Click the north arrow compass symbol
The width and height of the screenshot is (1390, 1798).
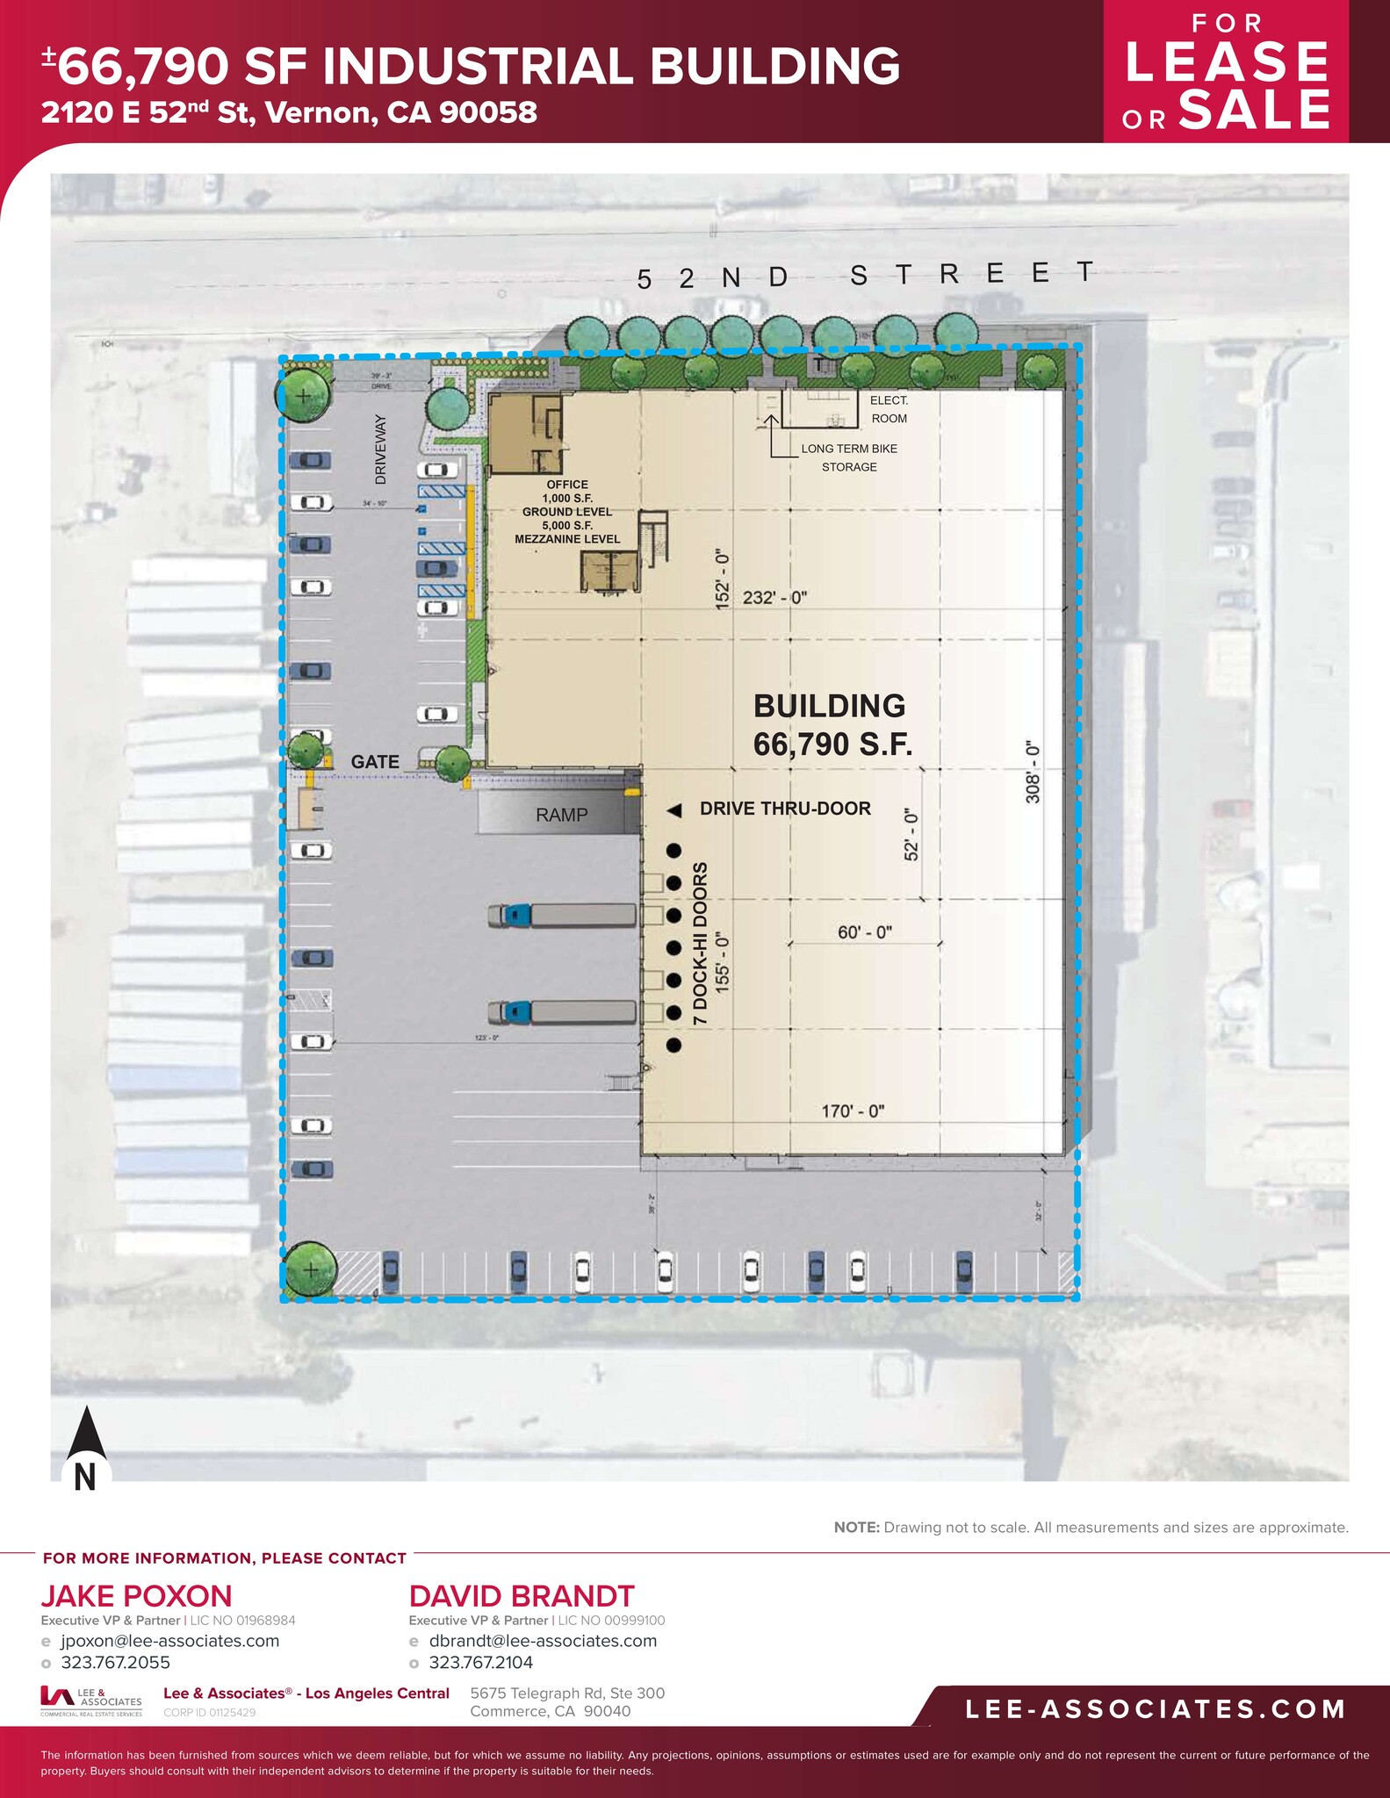coord(86,1449)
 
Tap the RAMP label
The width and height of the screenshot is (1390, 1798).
coord(562,815)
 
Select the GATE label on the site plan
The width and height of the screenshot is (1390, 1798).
coord(375,762)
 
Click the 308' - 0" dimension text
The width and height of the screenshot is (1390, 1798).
coord(1033,771)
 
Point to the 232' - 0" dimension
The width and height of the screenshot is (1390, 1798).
coord(774,598)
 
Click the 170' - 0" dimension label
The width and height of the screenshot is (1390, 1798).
coord(853,1111)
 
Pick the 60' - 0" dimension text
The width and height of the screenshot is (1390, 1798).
coord(865,932)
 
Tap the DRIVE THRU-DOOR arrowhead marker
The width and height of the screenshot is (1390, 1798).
coord(674,811)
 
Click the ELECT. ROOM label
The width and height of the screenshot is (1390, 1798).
coord(889,409)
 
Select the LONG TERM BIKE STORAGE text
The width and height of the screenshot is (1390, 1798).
coord(849,457)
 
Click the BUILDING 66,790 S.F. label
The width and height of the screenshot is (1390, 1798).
coord(832,725)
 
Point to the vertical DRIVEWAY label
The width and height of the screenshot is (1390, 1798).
coord(380,449)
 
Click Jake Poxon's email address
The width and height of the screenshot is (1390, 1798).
coord(169,1641)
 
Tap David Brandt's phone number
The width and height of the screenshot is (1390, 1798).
coord(480,1662)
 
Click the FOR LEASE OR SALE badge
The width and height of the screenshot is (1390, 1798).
coord(1226,72)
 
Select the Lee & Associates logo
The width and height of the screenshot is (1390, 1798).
coord(90,1701)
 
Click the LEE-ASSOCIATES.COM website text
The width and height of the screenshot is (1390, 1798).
coord(1155,1708)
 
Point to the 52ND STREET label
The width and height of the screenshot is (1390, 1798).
coord(865,276)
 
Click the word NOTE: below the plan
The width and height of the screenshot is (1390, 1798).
coord(856,1528)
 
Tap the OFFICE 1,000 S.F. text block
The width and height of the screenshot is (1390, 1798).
coord(567,513)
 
